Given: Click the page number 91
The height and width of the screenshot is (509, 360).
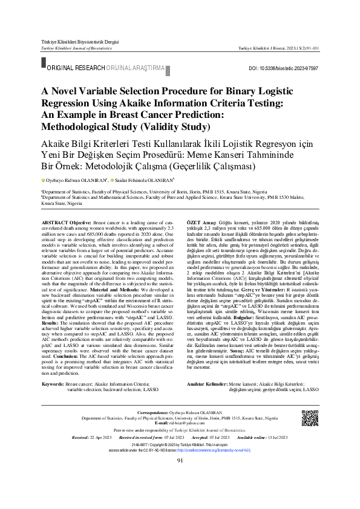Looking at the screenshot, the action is pyautogui.click(x=180, y=478).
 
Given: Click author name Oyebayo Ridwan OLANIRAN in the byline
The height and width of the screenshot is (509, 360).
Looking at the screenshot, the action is pyautogui.click(x=74, y=180).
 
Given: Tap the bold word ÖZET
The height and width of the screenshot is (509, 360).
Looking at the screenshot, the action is pyautogui.click(x=195, y=223).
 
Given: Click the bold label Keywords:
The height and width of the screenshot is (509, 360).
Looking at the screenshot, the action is pyautogui.click(x=53, y=367).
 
